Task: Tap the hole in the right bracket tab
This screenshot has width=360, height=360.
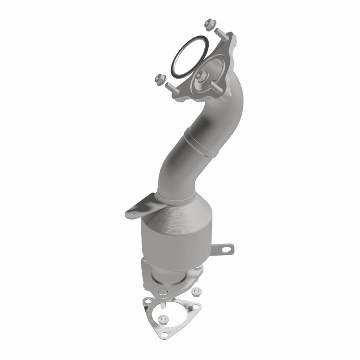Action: coord(230,248)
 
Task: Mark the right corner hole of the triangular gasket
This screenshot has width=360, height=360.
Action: coord(196,307)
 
